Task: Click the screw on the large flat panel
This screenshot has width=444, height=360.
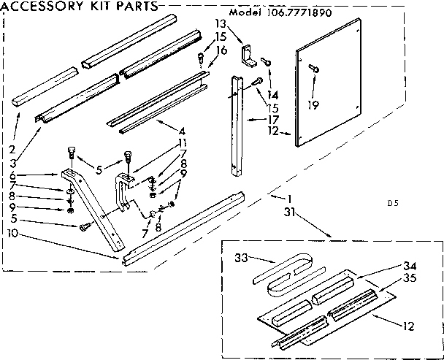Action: click(x=315, y=68)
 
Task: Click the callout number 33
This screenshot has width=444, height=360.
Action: click(x=242, y=258)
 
